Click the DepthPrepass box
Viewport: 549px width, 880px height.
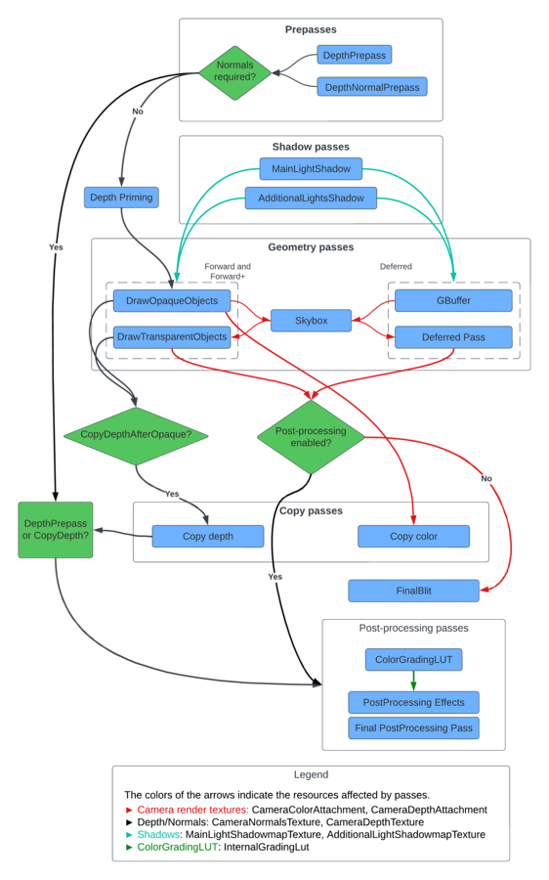[354, 55]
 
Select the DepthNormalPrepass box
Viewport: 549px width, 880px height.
[371, 87]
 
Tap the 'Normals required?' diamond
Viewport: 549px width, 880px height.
[234, 72]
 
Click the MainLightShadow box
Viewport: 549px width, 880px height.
[311, 168]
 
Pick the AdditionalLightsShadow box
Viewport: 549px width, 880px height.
[311, 198]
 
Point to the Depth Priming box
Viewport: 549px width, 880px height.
[121, 198]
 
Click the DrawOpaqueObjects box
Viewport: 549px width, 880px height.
[172, 299]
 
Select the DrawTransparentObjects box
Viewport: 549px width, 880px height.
[172, 337]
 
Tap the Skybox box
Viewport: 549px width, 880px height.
[311, 320]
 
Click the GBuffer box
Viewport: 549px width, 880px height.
[453, 299]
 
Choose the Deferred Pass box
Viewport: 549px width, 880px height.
[453, 337]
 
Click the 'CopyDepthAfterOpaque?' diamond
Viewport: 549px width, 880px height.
[136, 435]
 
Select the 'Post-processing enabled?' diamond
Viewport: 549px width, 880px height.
[311, 436]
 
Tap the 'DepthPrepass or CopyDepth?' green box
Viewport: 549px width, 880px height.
[56, 530]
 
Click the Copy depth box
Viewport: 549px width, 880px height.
[207, 536]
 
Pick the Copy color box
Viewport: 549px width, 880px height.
[413, 536]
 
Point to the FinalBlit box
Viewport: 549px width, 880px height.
[413, 591]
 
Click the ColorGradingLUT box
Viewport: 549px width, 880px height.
[413, 659]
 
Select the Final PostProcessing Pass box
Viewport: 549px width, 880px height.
[413, 727]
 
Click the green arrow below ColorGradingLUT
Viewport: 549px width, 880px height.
[413, 681]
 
